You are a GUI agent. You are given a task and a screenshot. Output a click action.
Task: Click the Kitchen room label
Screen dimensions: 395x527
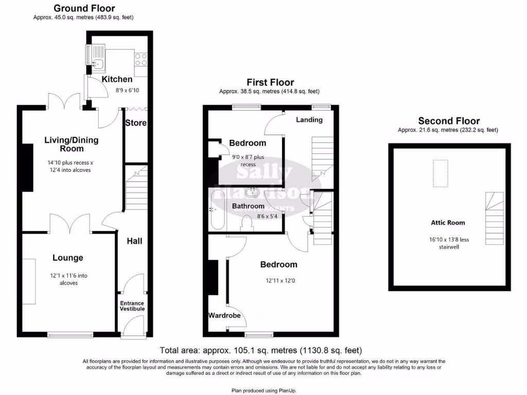tap(117, 79)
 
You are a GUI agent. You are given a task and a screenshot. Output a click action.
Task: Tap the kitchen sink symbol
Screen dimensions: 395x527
tap(97, 64)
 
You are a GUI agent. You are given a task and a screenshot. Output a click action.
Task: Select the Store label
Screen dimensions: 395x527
tap(136, 123)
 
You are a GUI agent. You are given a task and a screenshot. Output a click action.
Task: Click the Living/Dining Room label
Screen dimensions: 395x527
tap(71, 144)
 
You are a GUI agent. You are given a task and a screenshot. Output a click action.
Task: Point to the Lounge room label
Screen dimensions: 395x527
tap(67, 258)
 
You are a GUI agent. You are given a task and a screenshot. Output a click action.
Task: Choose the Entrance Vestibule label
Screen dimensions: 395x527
tap(132, 306)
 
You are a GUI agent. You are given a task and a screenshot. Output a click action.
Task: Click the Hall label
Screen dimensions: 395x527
tap(134, 241)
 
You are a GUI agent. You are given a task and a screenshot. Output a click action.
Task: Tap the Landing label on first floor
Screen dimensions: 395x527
tap(309, 120)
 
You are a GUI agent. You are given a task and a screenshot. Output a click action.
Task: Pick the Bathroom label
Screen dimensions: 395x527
tap(248, 206)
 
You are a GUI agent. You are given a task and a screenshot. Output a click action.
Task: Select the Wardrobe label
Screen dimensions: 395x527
tap(224, 315)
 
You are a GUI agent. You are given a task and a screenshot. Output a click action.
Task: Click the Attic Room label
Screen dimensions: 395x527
tap(448, 223)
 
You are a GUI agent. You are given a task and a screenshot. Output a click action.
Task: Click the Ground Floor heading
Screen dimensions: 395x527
tap(84, 8)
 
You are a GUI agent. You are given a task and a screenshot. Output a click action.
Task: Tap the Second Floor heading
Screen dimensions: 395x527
tap(449, 121)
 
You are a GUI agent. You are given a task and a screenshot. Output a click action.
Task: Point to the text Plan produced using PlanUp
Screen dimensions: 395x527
tap(264, 391)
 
